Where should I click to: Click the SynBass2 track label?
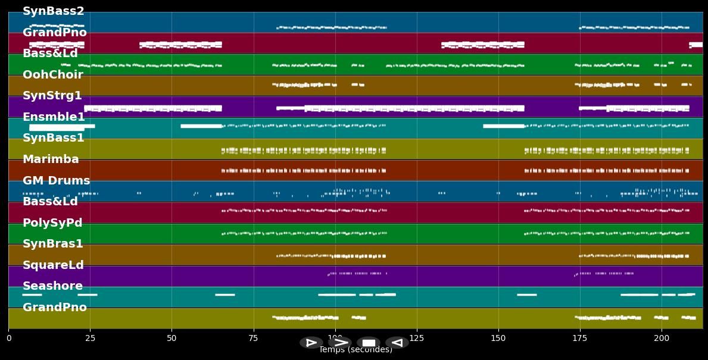[x=54, y=11]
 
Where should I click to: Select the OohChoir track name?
[x=53, y=75]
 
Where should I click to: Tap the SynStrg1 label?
[x=52, y=96]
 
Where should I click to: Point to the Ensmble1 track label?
[x=54, y=117]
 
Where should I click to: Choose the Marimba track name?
[x=51, y=159]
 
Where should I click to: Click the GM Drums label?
[x=57, y=181]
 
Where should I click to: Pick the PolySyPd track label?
[x=52, y=223]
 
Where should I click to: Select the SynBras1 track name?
[x=53, y=244]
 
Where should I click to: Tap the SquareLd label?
[x=53, y=265]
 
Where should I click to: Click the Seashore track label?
[x=52, y=286]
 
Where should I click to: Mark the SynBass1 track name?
[x=54, y=138]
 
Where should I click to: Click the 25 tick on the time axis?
[x=90, y=339]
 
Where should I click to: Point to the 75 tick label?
[x=254, y=339]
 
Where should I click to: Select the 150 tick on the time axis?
[x=498, y=339]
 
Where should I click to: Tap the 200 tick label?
[x=662, y=339]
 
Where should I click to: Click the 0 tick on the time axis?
[x=8, y=339]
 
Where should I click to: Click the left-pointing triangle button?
[x=397, y=343]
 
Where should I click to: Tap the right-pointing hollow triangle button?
[x=311, y=343]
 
